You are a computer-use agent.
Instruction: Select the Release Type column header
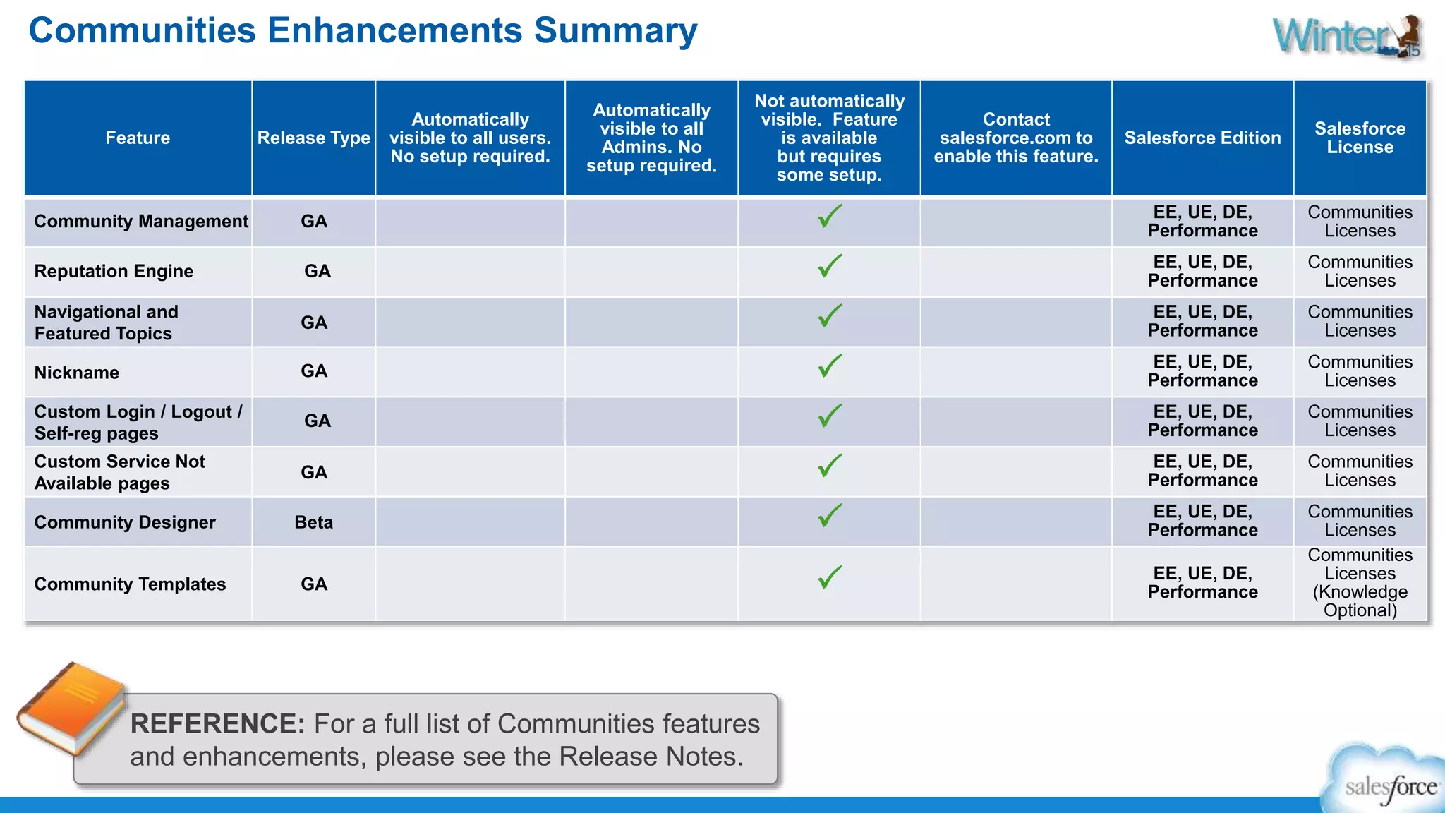coord(313,138)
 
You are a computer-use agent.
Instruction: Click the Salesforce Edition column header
coord(1202,138)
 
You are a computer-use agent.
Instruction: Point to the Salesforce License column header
coord(1360,138)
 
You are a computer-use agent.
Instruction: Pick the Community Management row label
coord(141,222)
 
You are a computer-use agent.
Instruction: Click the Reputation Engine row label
coord(114,271)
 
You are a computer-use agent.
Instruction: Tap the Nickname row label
coord(77,373)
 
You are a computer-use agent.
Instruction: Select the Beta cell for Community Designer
coord(313,522)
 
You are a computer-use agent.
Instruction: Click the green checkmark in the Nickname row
coord(830,366)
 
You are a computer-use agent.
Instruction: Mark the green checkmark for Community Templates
coord(830,577)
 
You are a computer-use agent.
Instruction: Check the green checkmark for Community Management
coord(830,216)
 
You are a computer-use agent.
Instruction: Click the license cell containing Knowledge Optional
coord(1360,583)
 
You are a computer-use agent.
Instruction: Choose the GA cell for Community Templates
coord(313,584)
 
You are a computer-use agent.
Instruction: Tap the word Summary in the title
coord(615,31)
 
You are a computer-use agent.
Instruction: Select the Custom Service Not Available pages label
coord(120,472)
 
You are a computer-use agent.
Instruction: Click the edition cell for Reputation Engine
coord(1202,271)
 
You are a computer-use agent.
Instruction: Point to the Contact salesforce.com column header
coord(1016,138)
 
